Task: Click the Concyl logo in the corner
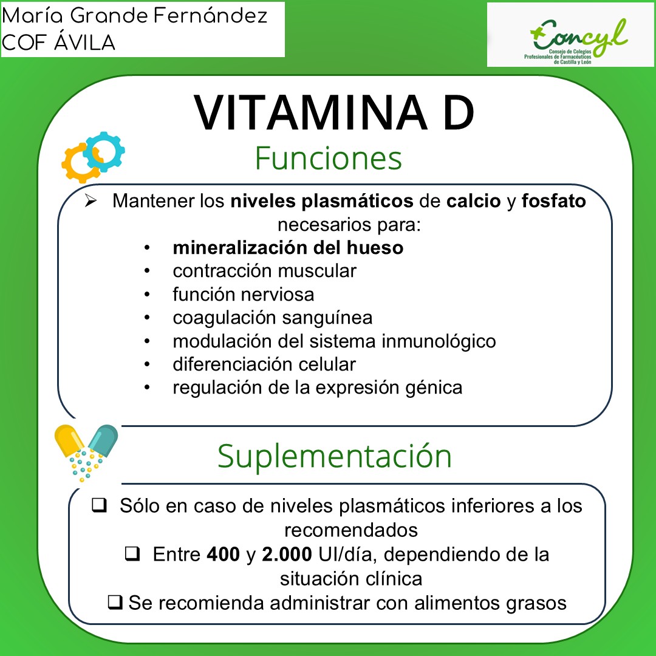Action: pyautogui.click(x=570, y=35)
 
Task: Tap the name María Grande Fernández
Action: pyautogui.click(x=135, y=16)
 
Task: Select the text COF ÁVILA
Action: pyautogui.click(x=59, y=43)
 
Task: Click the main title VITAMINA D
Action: pyautogui.click(x=334, y=114)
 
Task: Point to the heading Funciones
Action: pyautogui.click(x=328, y=158)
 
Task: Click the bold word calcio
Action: pyautogui.click(x=474, y=201)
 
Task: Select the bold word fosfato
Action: pyautogui.click(x=553, y=201)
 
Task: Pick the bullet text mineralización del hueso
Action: pyautogui.click(x=288, y=248)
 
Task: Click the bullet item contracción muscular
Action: pyautogui.click(x=264, y=271)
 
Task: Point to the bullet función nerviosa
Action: pyautogui.click(x=243, y=295)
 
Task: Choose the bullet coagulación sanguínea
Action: pyautogui.click(x=272, y=318)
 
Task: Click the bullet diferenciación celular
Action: pyautogui.click(x=264, y=364)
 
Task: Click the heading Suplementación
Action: pyautogui.click(x=335, y=456)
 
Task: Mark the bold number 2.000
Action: pyautogui.click(x=287, y=555)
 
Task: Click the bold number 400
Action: pyautogui.click(x=223, y=555)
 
